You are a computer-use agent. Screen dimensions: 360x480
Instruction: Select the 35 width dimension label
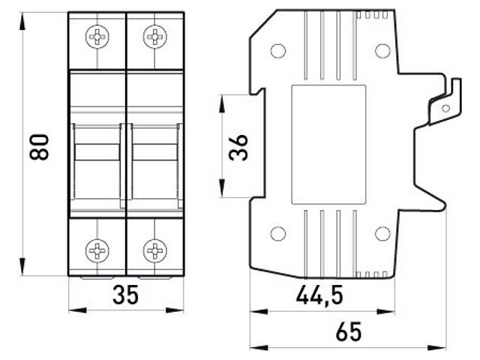[125, 295]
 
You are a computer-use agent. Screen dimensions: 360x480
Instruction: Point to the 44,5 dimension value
[319, 295]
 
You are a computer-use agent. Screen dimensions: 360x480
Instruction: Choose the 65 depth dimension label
[348, 331]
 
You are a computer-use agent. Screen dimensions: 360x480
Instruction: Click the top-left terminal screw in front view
[97, 36]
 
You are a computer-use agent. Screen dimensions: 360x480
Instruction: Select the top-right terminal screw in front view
[154, 36]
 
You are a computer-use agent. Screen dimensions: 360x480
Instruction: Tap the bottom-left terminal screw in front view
[97, 250]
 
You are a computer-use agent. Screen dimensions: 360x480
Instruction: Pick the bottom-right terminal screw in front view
[154, 250]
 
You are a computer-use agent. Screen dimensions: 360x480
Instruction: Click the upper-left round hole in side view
[278, 51]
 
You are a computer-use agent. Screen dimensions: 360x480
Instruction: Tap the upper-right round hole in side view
[382, 51]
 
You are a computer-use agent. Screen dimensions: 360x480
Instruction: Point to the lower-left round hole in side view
[278, 233]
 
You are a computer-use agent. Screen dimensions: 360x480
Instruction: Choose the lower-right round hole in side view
[382, 233]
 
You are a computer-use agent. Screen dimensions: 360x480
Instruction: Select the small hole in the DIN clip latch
[445, 108]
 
